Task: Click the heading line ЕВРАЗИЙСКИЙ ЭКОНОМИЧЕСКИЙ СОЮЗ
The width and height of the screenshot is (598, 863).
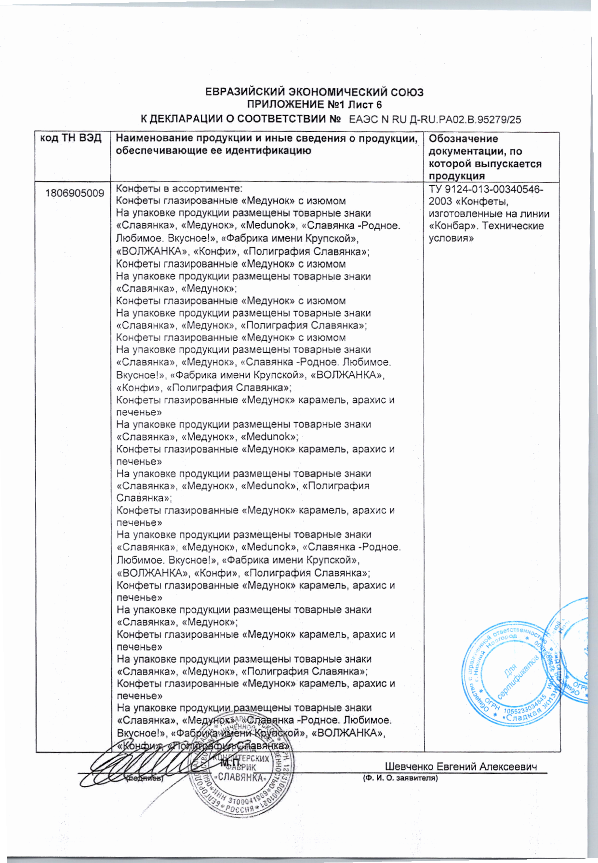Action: coord(314,92)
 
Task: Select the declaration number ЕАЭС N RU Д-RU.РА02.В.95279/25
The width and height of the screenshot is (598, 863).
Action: coord(435,120)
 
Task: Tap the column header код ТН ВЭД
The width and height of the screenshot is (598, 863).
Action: coord(71,138)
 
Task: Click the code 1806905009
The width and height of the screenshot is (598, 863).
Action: coord(75,193)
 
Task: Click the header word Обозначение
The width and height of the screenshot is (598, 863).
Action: coord(463,139)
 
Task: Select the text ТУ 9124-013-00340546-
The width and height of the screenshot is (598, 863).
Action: coord(486,189)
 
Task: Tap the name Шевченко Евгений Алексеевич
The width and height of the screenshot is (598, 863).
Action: coord(461,767)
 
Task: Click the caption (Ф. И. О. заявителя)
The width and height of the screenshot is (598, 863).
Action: coord(400,778)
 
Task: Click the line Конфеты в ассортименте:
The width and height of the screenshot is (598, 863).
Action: coord(179,189)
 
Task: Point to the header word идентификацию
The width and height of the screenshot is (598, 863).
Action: coord(260,151)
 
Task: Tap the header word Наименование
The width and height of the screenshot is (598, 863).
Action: coord(151,139)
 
